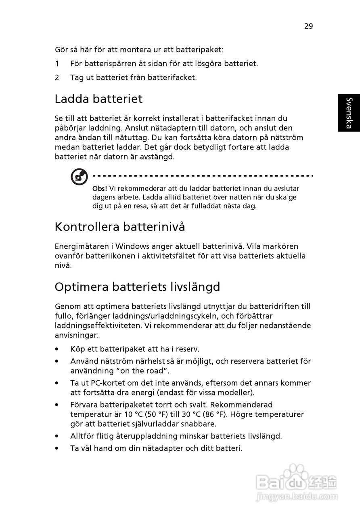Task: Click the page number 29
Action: click(308, 26)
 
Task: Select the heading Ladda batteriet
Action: click(98, 99)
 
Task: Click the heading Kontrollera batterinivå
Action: click(120, 227)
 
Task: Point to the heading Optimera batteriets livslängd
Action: click(137, 287)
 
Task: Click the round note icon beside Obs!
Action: click(79, 177)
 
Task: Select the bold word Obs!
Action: click(100, 189)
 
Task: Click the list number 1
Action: click(57, 63)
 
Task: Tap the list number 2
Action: click(57, 77)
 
